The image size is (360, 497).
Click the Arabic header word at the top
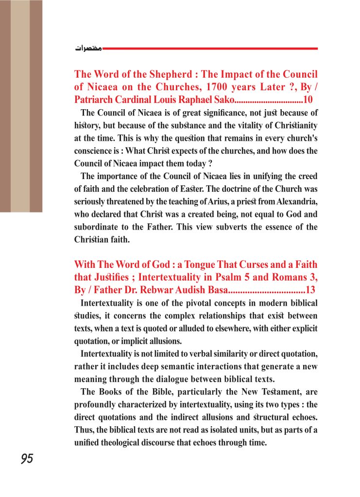click(88, 49)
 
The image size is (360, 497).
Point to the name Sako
click(223, 100)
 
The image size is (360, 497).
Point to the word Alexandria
click(297, 201)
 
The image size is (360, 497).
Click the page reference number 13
click(311, 290)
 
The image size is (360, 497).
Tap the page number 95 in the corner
click(27, 459)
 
